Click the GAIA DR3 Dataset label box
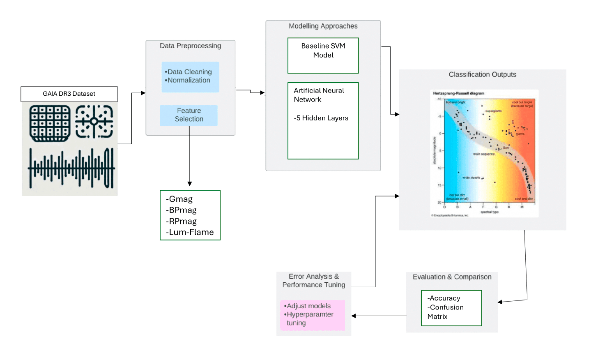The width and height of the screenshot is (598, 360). [69, 94]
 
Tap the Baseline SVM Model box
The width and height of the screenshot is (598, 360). [323, 55]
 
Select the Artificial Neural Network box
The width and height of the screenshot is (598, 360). [323, 120]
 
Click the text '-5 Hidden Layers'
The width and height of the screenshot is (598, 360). [321, 118]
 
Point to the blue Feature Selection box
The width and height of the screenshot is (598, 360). [189, 115]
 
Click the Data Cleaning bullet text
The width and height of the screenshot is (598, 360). [189, 72]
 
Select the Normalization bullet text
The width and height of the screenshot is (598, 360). [189, 80]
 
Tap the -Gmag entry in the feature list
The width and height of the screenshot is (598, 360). [179, 199]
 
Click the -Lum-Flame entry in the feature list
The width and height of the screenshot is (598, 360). [190, 232]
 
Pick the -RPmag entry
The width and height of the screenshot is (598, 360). [182, 221]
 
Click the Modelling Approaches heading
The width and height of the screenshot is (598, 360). [323, 26]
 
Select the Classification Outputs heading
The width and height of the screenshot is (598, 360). [482, 74]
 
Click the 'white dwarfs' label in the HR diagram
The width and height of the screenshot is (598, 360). [471, 178]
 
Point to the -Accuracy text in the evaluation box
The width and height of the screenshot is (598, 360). [444, 298]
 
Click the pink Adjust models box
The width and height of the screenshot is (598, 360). [313, 315]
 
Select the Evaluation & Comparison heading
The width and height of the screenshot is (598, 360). [452, 277]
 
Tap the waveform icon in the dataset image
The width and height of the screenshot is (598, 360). [71, 168]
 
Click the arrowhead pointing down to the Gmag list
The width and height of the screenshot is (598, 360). [189, 184]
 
